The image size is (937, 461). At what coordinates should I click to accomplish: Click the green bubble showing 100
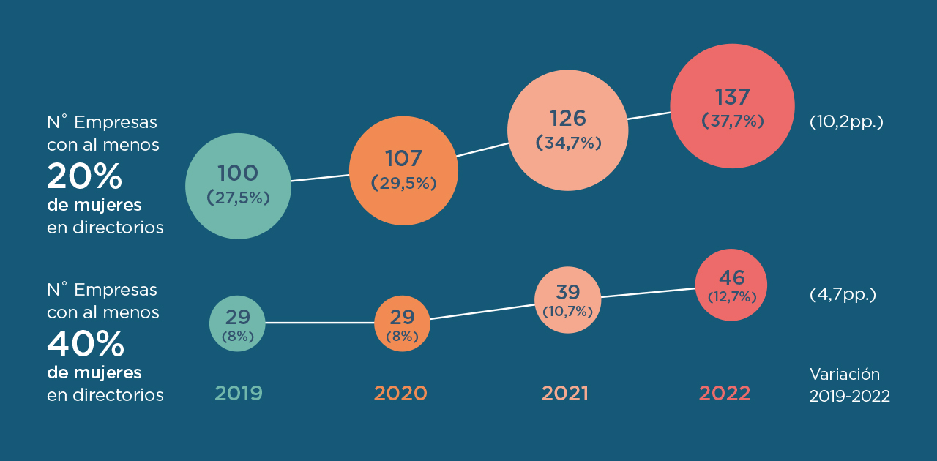238,186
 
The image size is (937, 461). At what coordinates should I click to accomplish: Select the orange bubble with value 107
403,170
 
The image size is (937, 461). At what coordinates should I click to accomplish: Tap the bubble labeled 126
568,130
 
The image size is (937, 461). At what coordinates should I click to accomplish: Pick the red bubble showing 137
732,106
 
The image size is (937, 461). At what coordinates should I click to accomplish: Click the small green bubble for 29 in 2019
237,323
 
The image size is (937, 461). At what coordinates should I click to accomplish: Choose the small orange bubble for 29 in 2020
402,323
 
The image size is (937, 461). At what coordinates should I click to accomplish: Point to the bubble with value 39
567,299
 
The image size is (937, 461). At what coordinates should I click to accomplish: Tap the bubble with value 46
731,285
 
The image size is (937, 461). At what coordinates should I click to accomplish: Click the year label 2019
239,394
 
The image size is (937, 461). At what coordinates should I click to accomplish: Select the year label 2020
400,394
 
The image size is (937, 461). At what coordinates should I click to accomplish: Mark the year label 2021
565,394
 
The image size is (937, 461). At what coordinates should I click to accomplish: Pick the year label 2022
725,394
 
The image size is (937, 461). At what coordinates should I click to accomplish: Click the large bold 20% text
84,176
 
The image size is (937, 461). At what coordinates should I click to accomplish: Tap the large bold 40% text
85,343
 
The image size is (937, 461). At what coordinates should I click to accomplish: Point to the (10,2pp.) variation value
846,121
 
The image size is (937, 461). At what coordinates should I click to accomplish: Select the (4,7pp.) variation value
843,295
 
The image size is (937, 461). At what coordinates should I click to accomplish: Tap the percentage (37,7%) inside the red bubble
732,121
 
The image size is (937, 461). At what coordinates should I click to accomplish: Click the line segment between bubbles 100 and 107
320,178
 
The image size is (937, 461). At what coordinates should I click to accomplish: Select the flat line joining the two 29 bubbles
319,323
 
